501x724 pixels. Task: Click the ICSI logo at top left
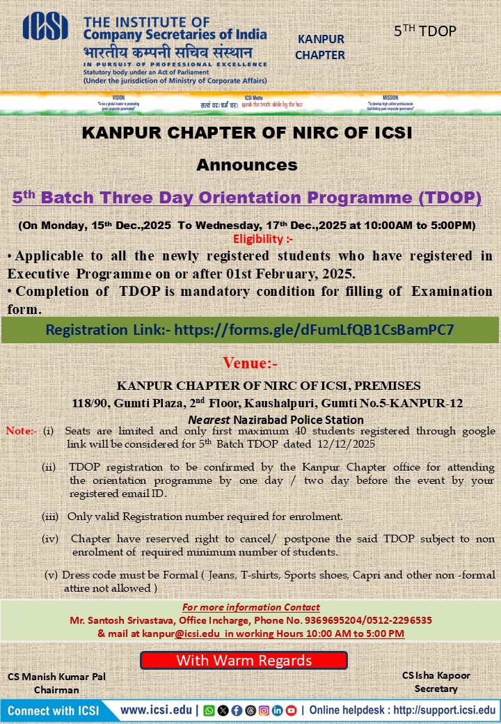coord(46,27)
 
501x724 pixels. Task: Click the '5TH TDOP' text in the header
coord(425,31)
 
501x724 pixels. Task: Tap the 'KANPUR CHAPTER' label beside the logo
coord(320,47)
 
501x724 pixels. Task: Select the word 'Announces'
coord(247,165)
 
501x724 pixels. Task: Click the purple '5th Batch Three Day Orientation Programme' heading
coord(247,198)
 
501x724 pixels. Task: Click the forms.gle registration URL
coord(314,330)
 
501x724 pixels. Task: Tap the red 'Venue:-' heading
coord(250,363)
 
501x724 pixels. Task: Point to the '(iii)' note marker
coord(50,517)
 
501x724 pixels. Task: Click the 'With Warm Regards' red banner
coord(244,660)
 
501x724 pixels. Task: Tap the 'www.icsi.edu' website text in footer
coord(158,711)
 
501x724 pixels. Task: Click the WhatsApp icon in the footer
coord(209,711)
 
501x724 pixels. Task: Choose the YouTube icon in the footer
coord(291,711)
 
